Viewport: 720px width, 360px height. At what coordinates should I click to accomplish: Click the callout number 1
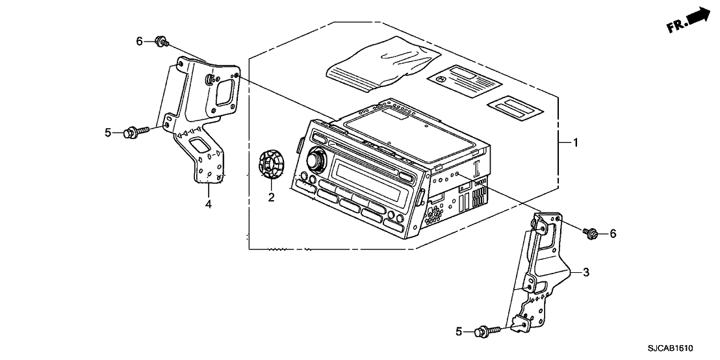[x=574, y=142]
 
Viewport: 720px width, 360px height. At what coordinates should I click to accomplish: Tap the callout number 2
[x=271, y=197]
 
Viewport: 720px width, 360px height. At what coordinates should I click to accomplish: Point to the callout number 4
[x=209, y=205]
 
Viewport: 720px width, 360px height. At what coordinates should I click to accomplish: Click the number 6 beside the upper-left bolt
[x=138, y=42]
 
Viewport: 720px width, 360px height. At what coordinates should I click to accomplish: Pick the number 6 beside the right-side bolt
[x=612, y=234]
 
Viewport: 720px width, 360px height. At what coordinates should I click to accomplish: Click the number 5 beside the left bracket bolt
[x=109, y=133]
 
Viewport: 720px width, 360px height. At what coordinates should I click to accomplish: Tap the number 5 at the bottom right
[x=460, y=331]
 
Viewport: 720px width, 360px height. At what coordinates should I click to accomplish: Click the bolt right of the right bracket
[x=591, y=232]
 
